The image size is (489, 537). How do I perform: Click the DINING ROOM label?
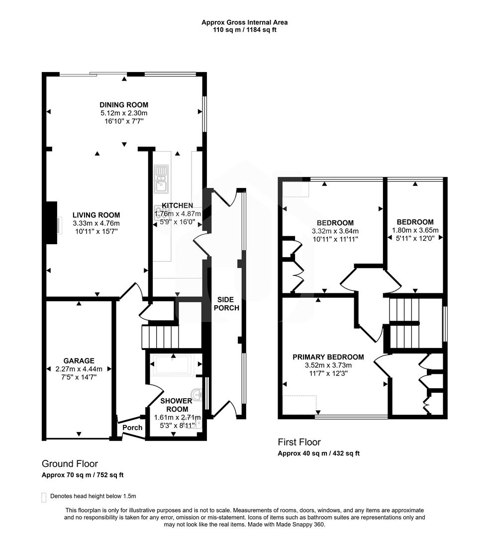tap(124, 105)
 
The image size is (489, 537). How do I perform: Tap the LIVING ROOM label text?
tap(96, 215)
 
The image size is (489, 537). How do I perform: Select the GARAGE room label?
tap(79, 361)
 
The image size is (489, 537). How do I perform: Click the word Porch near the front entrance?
tap(132, 428)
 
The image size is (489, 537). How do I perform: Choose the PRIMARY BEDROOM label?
tap(328, 357)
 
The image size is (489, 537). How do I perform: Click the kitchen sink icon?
tap(161, 179)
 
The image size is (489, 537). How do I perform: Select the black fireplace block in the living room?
tap(51, 222)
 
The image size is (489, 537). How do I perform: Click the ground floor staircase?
tap(160, 337)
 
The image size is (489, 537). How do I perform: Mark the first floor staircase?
tap(404, 323)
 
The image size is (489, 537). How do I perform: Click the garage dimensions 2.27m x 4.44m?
tap(79, 369)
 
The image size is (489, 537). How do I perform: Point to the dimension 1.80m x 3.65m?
tap(415, 231)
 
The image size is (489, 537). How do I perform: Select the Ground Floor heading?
tap(70, 464)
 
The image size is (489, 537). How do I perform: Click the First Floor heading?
tap(299, 442)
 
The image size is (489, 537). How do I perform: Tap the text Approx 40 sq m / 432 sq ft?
tap(318, 453)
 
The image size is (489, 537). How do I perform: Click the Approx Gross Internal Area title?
tap(244, 22)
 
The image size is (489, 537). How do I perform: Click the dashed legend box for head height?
tap(44, 496)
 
